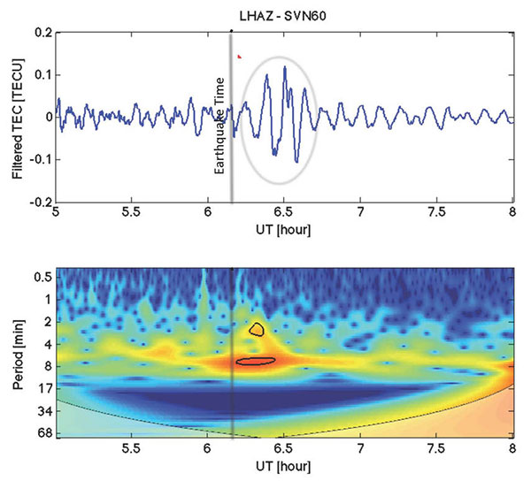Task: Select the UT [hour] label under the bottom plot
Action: pos(283,468)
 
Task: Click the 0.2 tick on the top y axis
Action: pos(41,32)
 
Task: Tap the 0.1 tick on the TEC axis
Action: pos(41,74)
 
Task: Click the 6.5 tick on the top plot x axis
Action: pos(283,214)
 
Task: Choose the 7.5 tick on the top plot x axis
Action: pos(435,214)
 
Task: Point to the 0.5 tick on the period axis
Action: pos(42,277)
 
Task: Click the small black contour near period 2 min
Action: pos(257,329)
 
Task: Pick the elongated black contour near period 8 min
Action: pos(257,360)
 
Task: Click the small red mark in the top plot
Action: pos(239,56)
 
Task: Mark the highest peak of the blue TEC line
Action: pos(285,66)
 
